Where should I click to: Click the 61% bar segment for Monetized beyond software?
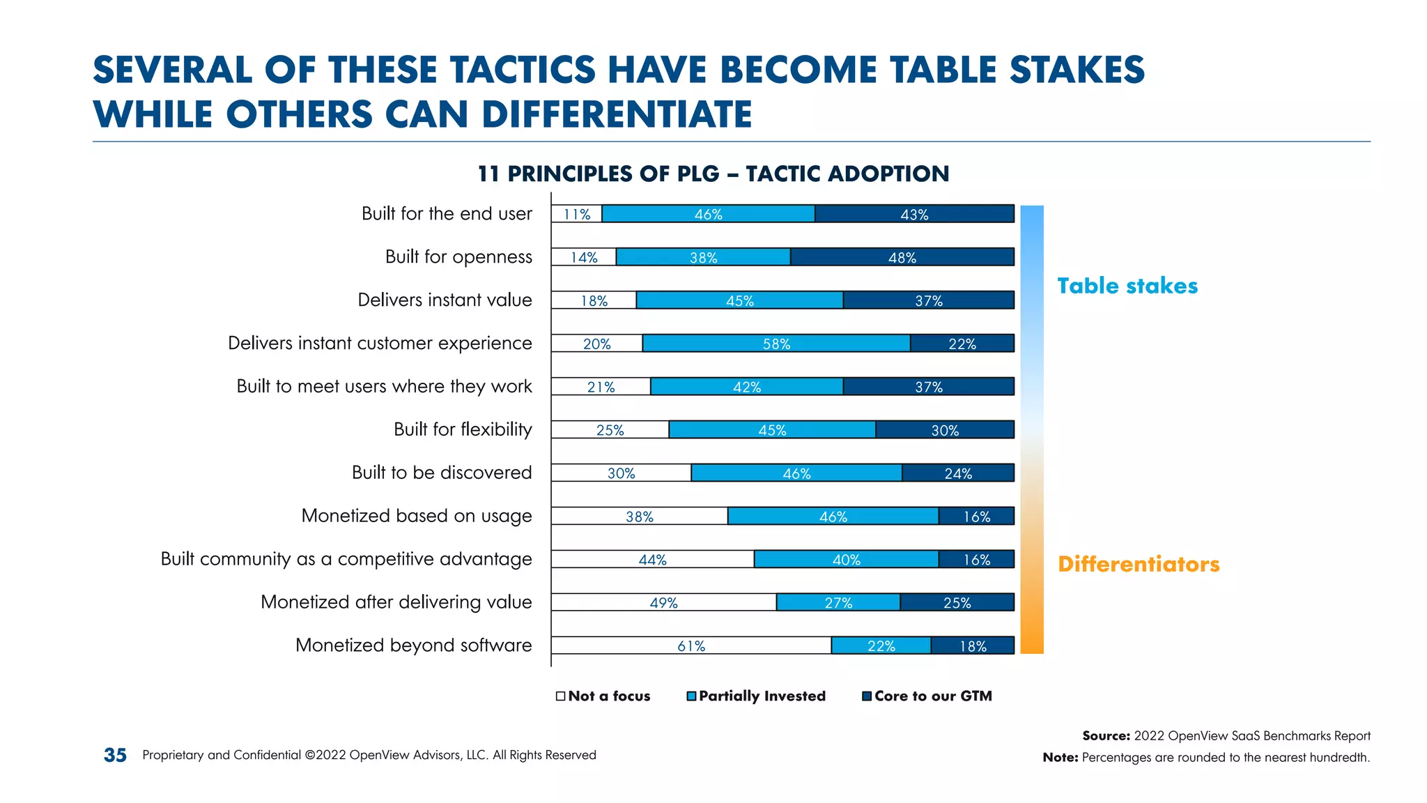click(691, 645)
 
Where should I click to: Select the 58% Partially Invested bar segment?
click(776, 344)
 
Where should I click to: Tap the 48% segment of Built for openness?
click(902, 257)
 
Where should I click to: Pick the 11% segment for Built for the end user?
click(576, 214)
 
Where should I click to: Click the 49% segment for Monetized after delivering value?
click(663, 602)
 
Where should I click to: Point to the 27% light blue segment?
click(838, 602)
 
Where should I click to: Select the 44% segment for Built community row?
click(652, 559)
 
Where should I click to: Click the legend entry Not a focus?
click(603, 696)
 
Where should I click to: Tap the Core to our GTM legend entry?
click(927, 696)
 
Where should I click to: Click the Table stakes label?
click(1127, 286)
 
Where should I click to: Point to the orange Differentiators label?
click(1138, 564)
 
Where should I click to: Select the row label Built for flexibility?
click(463, 429)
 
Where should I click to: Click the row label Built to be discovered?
click(442, 473)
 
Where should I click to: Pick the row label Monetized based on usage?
click(416, 516)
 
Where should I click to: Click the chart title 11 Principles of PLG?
click(713, 174)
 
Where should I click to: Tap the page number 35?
click(115, 755)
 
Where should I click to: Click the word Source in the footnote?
click(1106, 736)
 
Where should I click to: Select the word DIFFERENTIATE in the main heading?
click(617, 114)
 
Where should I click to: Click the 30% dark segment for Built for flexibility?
click(944, 430)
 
